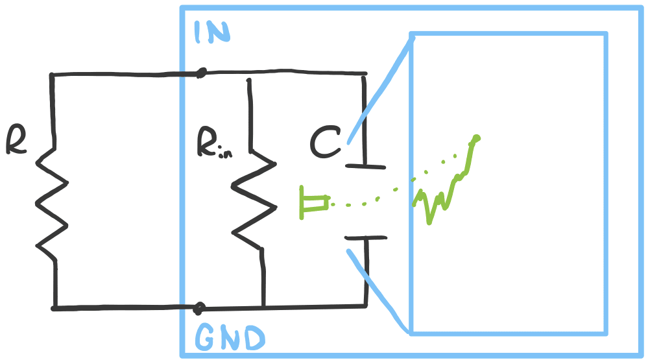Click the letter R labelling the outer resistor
tap(16, 140)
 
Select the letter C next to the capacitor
tap(325, 143)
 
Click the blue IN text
tap(211, 32)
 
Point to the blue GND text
tap(230, 338)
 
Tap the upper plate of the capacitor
tap(365, 166)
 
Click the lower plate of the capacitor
tap(366, 238)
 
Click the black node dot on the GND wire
tap(200, 307)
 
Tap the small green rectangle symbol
tap(313, 202)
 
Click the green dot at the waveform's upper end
tap(476, 138)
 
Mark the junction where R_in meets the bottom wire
tap(263, 306)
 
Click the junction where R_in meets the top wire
tap(248, 76)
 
